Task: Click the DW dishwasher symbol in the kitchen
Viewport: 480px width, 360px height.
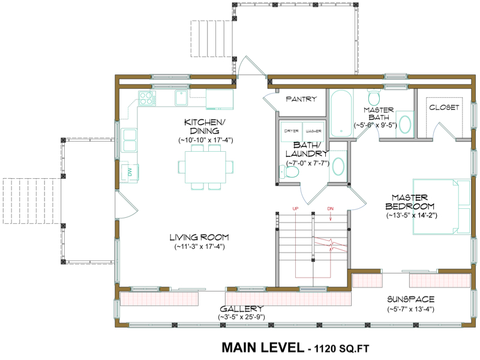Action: [x=129, y=172]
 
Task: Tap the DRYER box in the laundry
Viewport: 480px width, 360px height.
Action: [x=292, y=130]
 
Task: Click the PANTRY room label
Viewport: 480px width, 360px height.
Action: [x=301, y=99]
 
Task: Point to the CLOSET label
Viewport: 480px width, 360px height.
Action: [x=444, y=107]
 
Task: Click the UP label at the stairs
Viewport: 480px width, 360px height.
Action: [x=295, y=208]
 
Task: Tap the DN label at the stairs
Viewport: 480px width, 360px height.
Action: [x=330, y=208]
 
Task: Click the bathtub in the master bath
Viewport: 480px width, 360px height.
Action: [x=343, y=114]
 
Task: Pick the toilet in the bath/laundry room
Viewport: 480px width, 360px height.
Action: [x=292, y=172]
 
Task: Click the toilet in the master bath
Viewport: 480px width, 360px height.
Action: [x=373, y=97]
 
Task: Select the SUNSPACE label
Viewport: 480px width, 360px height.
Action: [x=410, y=299]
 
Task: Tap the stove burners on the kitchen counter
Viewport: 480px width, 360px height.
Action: [x=146, y=97]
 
